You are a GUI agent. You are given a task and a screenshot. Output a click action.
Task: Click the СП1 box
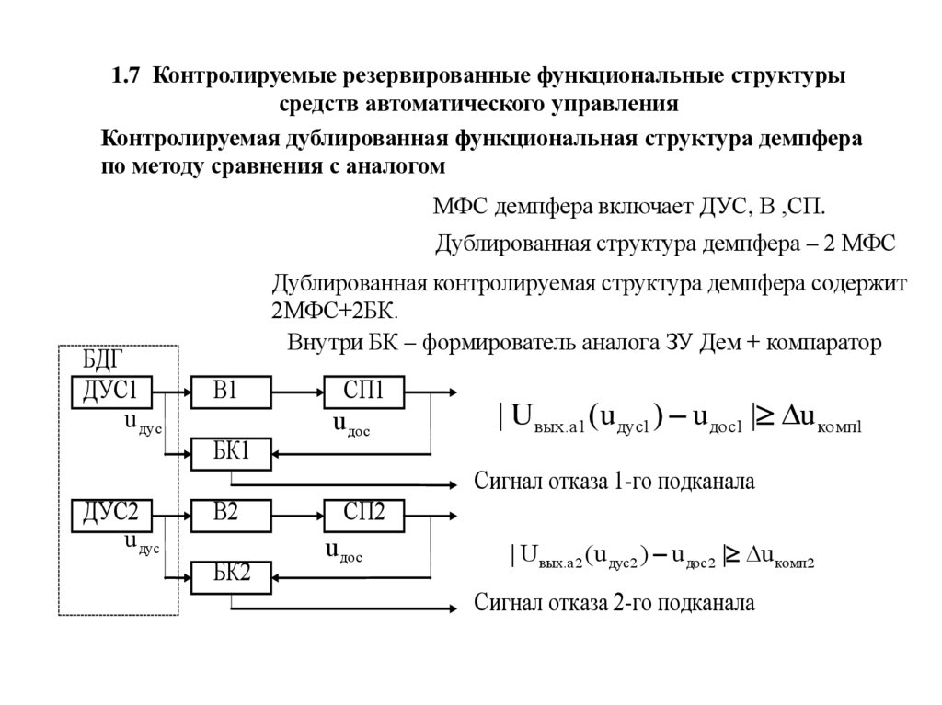point(363,392)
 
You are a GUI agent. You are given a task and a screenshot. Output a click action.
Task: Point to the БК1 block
point(231,453)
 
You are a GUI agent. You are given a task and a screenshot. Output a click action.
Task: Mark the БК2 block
point(231,577)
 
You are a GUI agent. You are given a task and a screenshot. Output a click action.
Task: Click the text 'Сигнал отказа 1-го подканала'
point(614,483)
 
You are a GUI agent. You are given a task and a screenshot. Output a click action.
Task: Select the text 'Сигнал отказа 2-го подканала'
point(614,605)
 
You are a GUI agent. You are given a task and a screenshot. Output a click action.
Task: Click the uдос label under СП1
point(351,425)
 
